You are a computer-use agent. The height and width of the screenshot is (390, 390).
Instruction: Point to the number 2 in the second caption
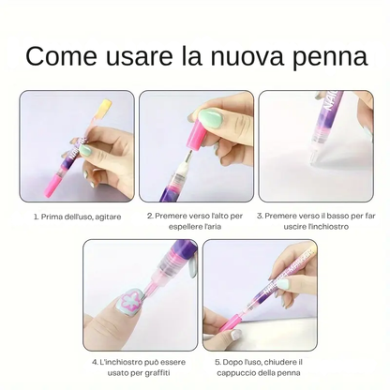[149, 216]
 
